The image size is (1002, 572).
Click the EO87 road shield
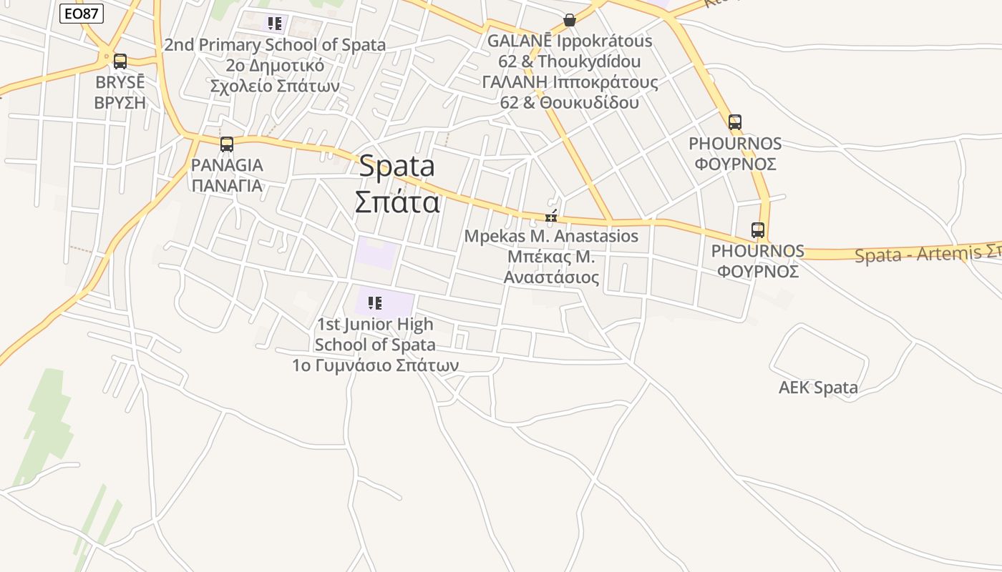[x=82, y=14]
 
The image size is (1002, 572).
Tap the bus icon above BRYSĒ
[x=120, y=61]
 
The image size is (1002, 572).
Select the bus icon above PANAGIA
[x=227, y=144]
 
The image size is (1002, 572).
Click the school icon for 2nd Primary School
[x=275, y=24]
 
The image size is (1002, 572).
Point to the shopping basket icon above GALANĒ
[x=570, y=20]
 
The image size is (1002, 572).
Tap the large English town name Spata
[x=397, y=167]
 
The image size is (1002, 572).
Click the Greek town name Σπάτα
[x=397, y=202]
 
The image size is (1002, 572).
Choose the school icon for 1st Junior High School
[x=375, y=303]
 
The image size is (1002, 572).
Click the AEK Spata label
[x=818, y=388]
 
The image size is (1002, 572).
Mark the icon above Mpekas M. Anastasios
[x=551, y=215]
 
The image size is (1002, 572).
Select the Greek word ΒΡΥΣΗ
[x=120, y=103]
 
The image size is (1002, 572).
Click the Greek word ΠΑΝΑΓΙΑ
[x=227, y=186]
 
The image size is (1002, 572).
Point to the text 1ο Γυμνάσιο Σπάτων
[x=375, y=365]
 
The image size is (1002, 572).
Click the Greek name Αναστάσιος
[x=551, y=277]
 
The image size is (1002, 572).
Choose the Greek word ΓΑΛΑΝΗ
[x=514, y=82]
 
